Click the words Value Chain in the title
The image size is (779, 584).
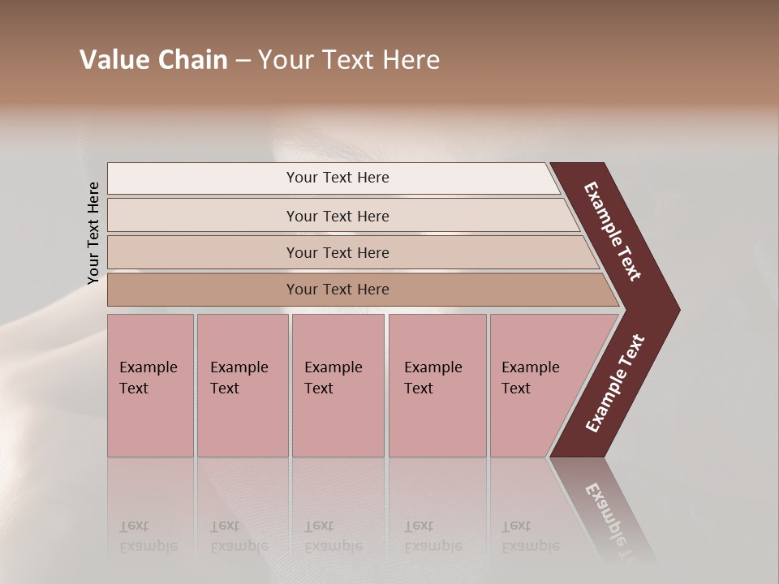[153, 60]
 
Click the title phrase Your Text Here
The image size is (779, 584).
[349, 60]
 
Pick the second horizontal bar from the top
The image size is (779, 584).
[338, 216]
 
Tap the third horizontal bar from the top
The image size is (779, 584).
[338, 252]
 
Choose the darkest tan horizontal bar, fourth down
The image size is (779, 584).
[338, 290]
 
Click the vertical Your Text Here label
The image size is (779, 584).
[93, 233]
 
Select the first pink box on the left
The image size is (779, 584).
[150, 385]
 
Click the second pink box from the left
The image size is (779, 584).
[242, 385]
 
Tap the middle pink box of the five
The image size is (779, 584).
[338, 385]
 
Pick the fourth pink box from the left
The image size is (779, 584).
[437, 385]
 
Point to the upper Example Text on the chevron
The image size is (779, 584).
[613, 231]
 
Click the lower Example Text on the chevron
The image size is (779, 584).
[614, 384]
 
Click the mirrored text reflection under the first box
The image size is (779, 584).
[148, 536]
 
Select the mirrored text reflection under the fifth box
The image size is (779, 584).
[530, 536]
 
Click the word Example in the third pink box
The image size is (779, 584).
[333, 367]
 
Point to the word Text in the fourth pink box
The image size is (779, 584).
[419, 389]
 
